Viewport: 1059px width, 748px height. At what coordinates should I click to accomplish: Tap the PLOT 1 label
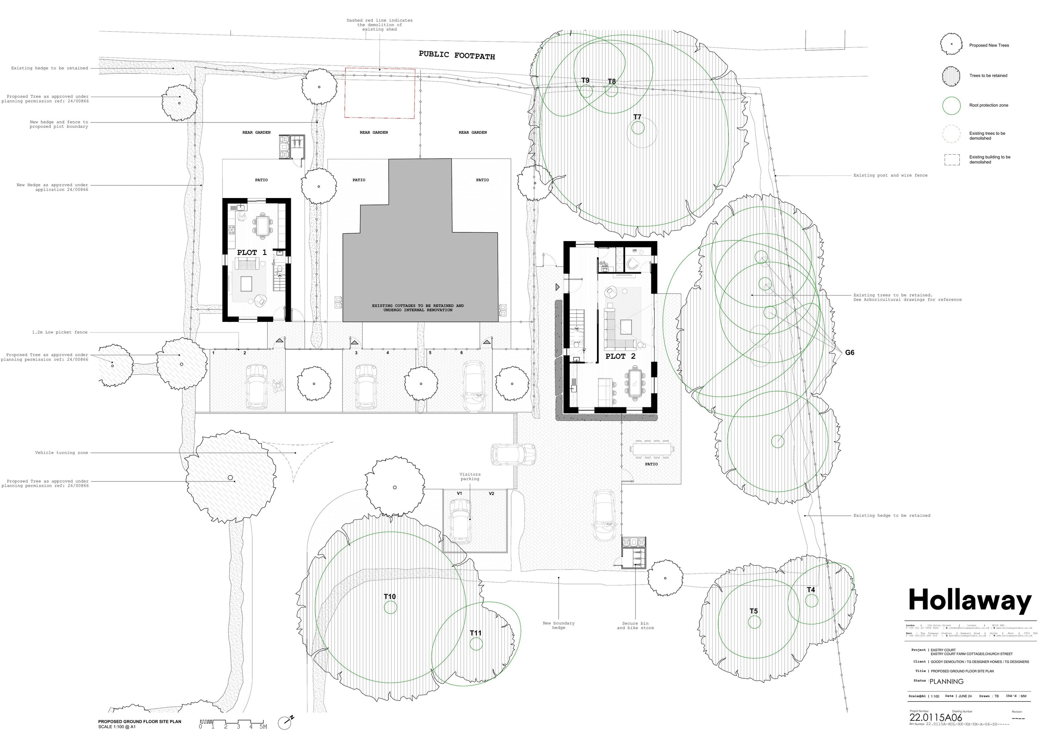point(251,253)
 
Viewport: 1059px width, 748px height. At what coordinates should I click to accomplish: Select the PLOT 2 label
point(620,357)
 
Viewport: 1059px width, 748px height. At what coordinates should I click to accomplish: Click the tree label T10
point(390,597)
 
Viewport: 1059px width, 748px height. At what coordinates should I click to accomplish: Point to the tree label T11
point(475,633)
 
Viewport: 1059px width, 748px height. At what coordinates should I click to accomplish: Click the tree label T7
point(637,117)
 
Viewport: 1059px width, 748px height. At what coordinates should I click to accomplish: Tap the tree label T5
point(753,611)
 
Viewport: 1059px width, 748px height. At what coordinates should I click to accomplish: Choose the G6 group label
point(850,353)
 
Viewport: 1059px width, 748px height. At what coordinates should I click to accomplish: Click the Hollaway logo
point(969,601)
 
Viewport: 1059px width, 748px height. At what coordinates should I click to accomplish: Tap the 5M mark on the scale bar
point(263,727)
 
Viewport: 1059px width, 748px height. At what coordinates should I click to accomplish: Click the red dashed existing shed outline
point(380,94)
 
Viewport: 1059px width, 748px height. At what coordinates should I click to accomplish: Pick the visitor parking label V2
point(491,493)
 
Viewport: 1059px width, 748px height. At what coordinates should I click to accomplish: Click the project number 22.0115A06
point(935,718)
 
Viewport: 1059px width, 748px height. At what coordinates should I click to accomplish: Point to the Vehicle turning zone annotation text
point(61,453)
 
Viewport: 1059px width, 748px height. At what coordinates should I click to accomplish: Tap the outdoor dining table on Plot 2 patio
point(651,448)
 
